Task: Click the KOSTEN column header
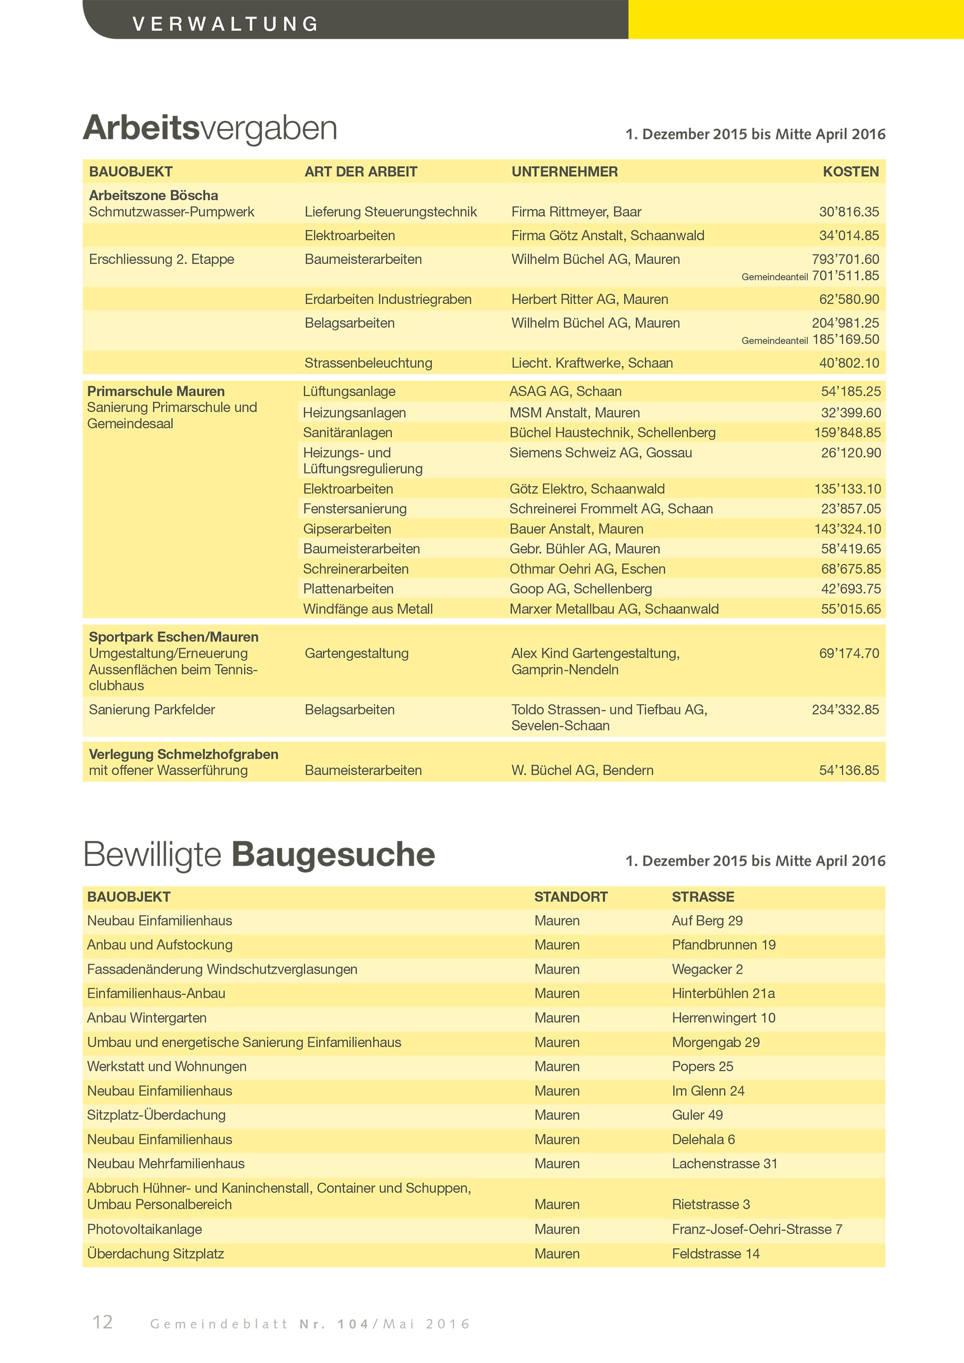point(850,172)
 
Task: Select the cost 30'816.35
point(849,212)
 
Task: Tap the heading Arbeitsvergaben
point(210,128)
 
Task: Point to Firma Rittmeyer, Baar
point(576,212)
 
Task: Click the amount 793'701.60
point(846,260)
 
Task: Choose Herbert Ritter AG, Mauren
point(589,299)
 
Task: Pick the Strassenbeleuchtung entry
point(368,363)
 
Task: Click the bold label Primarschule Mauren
point(156,391)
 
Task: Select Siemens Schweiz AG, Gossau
point(600,452)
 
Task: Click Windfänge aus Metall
point(368,608)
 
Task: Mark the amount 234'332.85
point(846,709)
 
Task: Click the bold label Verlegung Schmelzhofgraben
point(183,754)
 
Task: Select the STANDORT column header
point(570,897)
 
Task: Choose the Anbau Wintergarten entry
point(147,1018)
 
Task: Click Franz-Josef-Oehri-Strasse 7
point(756,1229)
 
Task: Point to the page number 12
point(103,1321)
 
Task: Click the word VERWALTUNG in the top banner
point(225,24)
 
